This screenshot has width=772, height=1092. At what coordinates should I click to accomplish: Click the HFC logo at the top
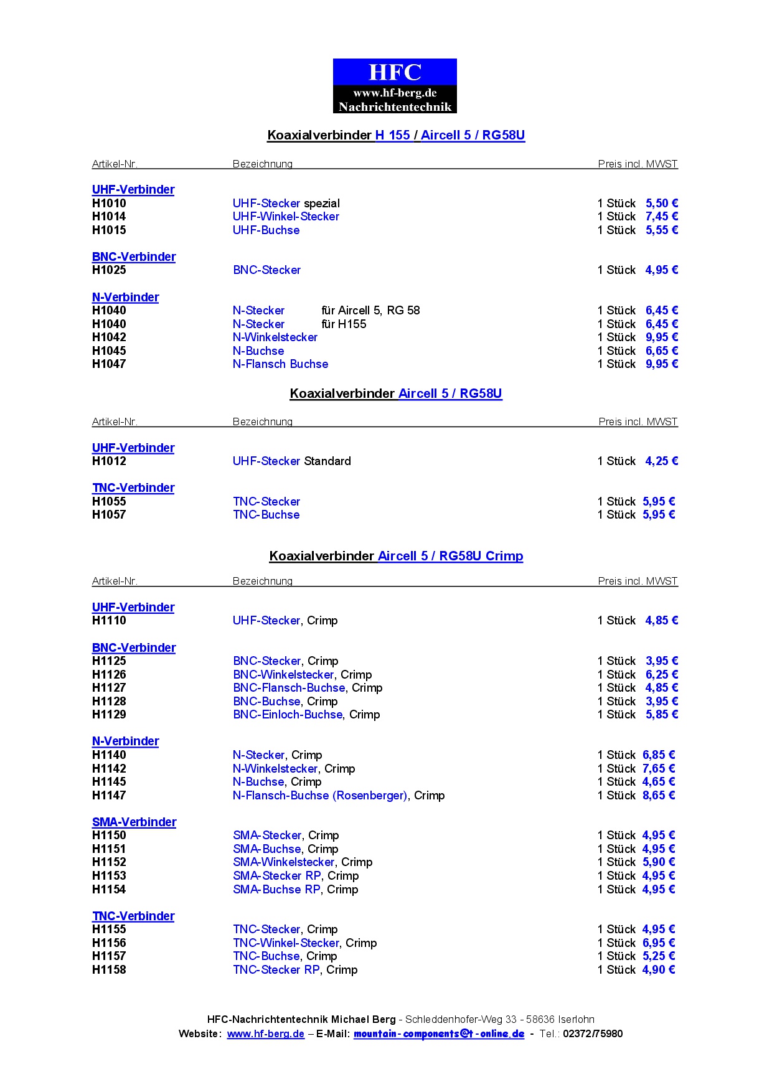tap(395, 86)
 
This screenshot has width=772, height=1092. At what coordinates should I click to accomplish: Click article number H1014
tap(109, 217)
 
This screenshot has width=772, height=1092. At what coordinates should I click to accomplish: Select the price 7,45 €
tap(661, 217)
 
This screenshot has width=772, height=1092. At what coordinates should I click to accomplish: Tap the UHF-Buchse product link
tap(266, 230)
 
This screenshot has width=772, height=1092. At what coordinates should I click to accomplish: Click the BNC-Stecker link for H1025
tap(266, 270)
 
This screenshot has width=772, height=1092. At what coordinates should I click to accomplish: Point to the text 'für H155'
tap(344, 324)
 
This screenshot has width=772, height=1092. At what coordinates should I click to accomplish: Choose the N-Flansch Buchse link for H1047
tap(280, 364)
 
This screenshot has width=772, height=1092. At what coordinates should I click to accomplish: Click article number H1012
tap(109, 461)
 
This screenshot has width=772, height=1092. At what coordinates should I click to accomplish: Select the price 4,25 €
tap(661, 461)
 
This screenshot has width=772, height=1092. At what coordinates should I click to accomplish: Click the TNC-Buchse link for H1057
tap(266, 515)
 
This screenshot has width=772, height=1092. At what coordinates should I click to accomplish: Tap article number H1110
tap(109, 621)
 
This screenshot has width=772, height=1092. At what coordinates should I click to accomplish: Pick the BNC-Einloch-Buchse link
tap(288, 715)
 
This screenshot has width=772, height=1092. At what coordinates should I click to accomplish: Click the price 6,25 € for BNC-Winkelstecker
tap(661, 675)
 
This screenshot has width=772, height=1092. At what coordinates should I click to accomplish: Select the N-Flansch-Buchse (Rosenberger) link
tap(320, 796)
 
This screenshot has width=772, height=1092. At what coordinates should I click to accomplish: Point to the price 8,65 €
tap(659, 796)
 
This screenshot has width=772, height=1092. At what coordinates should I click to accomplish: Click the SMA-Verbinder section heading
tap(134, 822)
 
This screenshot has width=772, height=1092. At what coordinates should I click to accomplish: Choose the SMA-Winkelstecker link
tap(284, 862)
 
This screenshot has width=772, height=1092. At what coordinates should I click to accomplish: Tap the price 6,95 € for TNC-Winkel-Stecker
tap(659, 943)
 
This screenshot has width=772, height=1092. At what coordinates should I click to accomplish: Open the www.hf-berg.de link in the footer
tap(265, 1034)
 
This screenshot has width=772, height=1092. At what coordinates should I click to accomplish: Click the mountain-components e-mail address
tap(439, 1034)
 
